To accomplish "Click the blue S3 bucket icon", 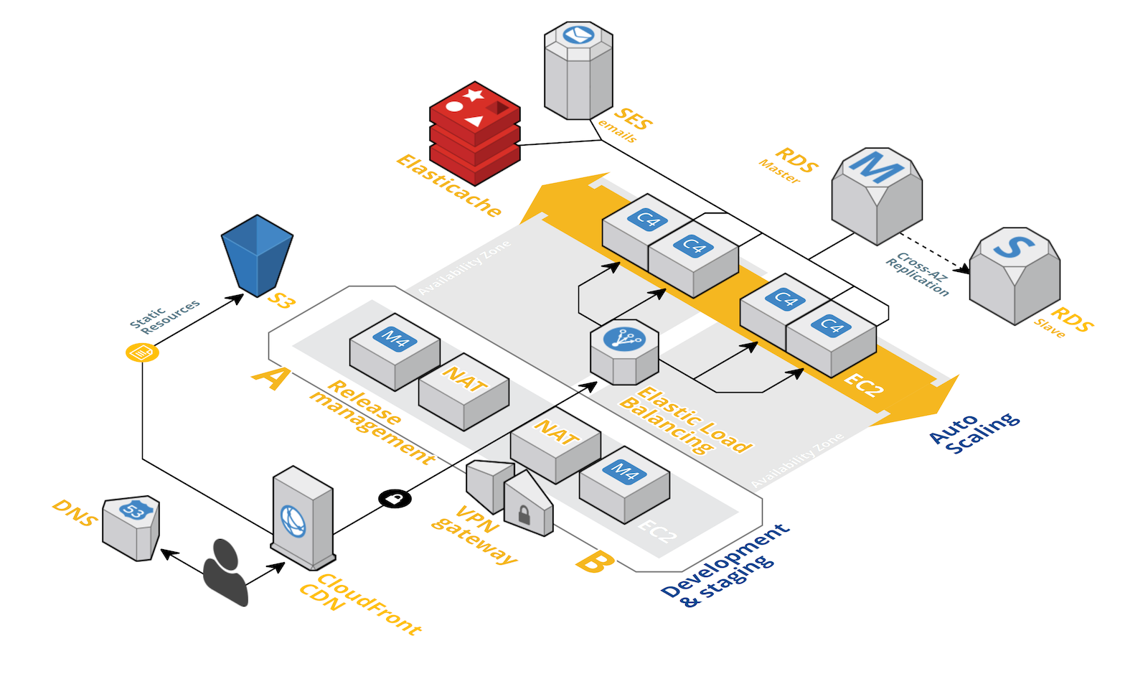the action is [x=257, y=256].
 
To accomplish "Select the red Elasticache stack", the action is [x=474, y=134].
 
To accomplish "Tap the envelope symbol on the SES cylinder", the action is [x=578, y=35].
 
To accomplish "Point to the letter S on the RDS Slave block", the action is [x=1014, y=246].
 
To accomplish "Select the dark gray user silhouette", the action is [x=225, y=572].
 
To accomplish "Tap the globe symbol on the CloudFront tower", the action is [x=293, y=521].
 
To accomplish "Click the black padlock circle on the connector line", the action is [x=395, y=498].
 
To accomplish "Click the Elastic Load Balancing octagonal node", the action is [x=624, y=352].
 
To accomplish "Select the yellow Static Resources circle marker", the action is [x=142, y=352].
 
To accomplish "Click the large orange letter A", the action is [x=271, y=378].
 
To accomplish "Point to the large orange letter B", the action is [x=595, y=562].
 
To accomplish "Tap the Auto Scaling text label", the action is [x=974, y=433].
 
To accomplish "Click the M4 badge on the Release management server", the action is [x=395, y=339].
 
